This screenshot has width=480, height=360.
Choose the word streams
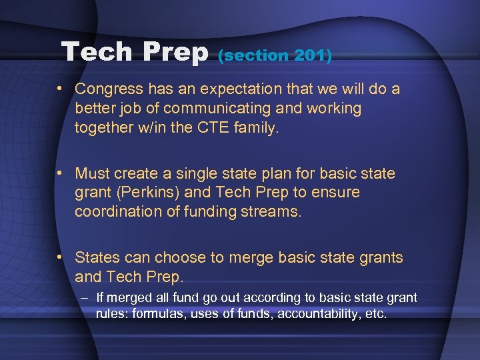[x=274, y=211]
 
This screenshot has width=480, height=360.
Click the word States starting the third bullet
[x=97, y=257]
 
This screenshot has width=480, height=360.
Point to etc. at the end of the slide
[x=374, y=313]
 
